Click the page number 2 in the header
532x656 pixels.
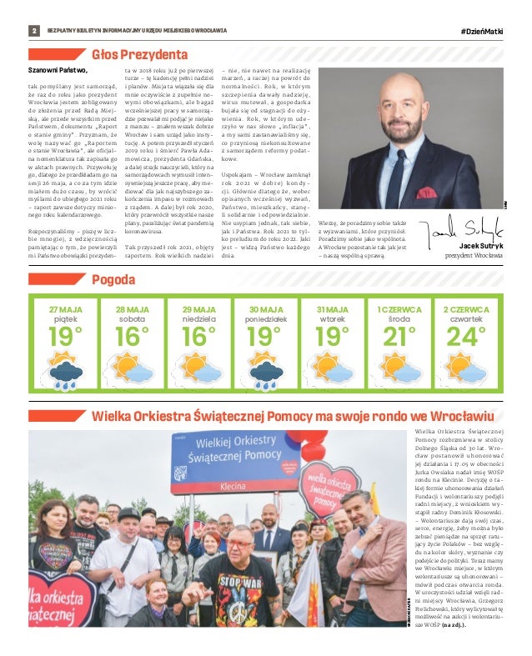click(x=35, y=31)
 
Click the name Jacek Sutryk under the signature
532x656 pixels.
click(x=481, y=247)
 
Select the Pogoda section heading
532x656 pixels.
click(x=113, y=278)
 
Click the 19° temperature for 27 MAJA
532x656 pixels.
click(x=65, y=338)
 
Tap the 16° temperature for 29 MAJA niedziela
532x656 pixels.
click(x=198, y=338)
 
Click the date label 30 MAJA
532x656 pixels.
click(x=265, y=310)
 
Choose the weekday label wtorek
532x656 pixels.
click(x=333, y=319)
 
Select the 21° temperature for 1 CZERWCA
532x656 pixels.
click(x=399, y=338)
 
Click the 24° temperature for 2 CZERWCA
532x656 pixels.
click(x=464, y=338)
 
